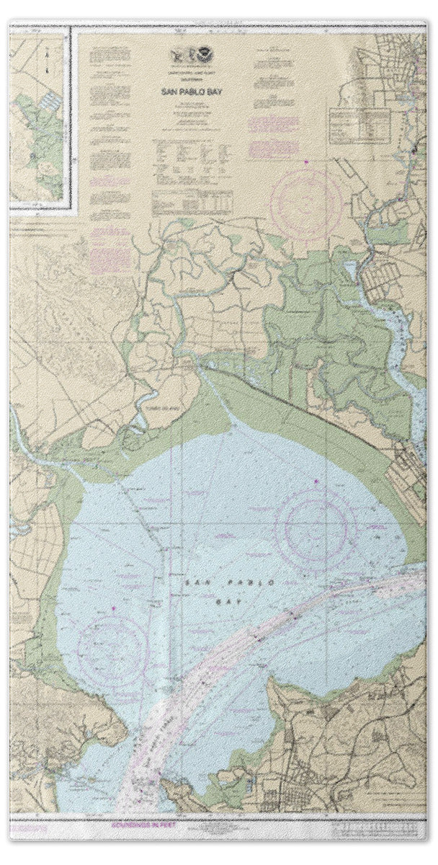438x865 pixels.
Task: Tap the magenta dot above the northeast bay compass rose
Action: coord(316,479)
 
